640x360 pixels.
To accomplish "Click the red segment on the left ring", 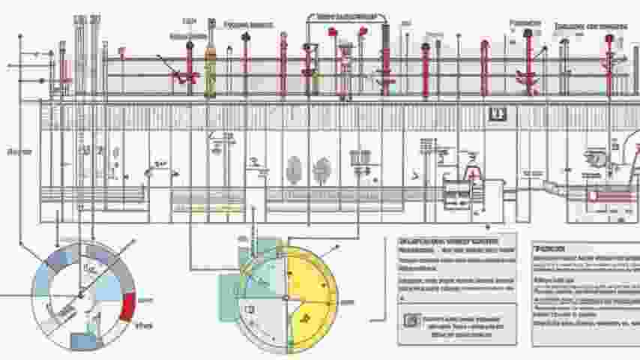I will point(127,305).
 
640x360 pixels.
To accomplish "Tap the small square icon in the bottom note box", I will point(408,320).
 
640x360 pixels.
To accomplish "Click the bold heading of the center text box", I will point(448,242).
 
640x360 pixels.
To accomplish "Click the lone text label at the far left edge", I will point(18,152).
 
